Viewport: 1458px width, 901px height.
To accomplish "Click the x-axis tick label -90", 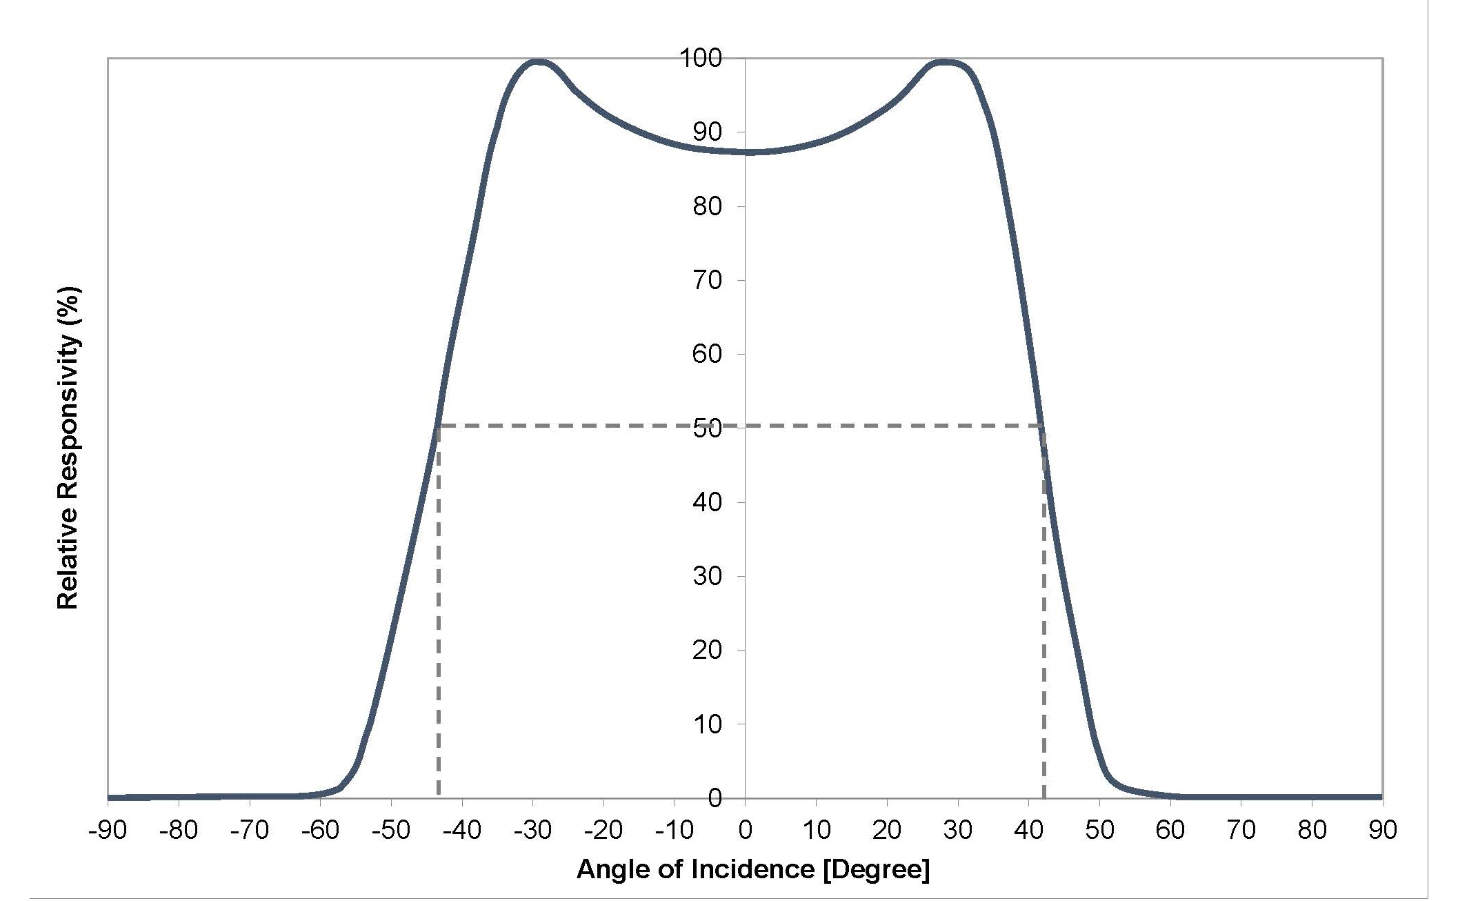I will point(108,831).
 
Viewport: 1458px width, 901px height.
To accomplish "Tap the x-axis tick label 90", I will point(1381,831).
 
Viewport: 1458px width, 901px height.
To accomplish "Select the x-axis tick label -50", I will point(391,831).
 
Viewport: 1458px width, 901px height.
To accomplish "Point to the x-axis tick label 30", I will point(957,831).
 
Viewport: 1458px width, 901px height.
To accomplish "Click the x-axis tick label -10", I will point(674,831).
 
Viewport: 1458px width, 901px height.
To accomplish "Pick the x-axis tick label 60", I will point(1170,831).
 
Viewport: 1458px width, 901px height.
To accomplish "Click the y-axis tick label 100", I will point(701,59).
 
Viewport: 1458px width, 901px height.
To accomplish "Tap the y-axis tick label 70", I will point(707,280).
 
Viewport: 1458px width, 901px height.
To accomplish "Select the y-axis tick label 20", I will point(707,650).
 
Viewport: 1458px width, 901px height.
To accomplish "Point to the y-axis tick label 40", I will point(707,502).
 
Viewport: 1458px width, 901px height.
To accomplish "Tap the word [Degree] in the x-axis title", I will point(877,869).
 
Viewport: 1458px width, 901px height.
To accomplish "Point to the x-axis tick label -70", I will point(249,831).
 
